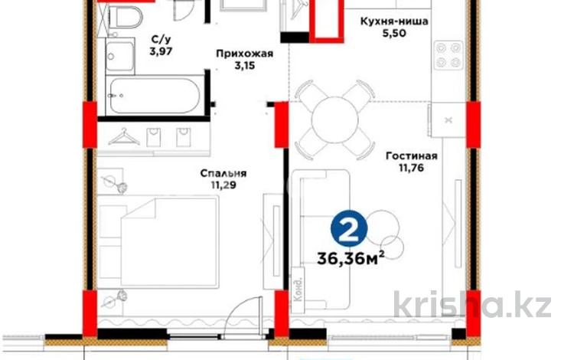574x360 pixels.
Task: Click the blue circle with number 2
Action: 348,228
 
